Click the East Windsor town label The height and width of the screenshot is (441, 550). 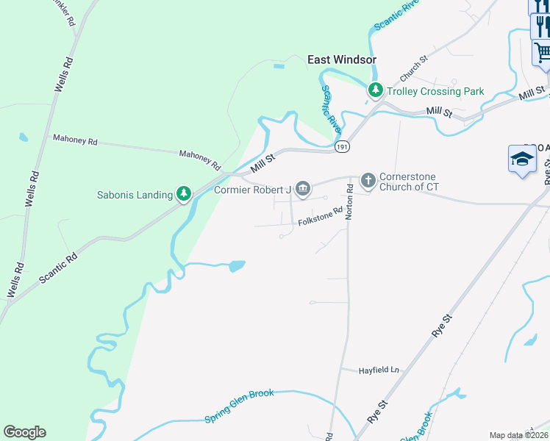(341, 60)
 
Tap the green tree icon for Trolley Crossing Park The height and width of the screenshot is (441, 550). (376, 90)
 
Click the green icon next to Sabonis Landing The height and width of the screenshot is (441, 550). (184, 194)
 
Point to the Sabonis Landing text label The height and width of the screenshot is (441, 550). (135, 195)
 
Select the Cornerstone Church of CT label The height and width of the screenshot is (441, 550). (419, 182)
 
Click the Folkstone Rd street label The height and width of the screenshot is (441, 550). (320, 215)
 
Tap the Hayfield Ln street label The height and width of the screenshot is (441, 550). (379, 370)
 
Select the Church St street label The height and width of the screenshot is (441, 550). (413, 68)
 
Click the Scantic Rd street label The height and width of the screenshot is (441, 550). (60, 269)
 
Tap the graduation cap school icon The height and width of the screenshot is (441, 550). (522, 159)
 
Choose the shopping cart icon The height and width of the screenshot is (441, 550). (542, 52)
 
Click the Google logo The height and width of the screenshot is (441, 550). (24, 432)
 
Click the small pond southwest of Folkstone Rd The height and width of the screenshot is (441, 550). (237, 266)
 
